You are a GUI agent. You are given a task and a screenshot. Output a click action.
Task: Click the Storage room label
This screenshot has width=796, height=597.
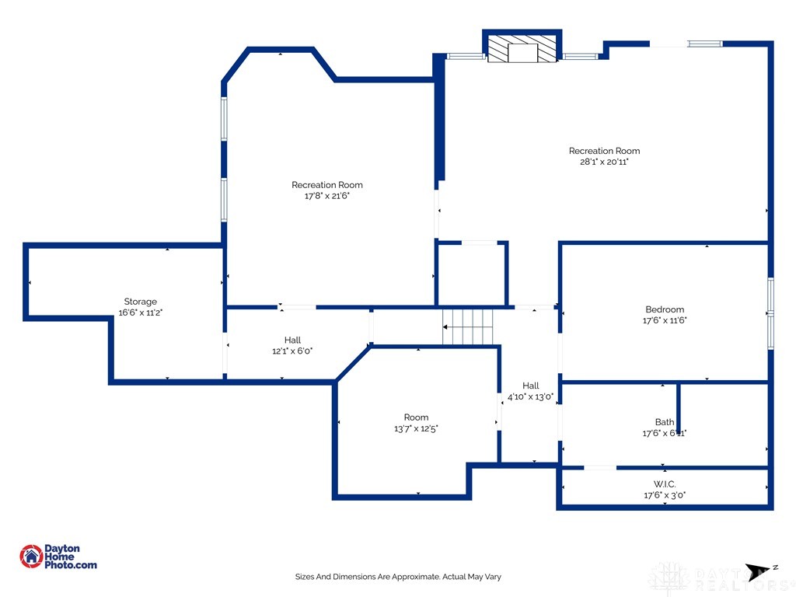[141, 302]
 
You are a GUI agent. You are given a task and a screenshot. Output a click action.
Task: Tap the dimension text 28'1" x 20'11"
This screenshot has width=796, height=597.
[605, 162]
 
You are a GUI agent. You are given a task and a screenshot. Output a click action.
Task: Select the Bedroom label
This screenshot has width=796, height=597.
[665, 309]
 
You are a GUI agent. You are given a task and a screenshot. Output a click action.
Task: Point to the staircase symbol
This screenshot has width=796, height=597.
[468, 326]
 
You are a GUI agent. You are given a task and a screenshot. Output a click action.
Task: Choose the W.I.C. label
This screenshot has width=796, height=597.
[665, 484]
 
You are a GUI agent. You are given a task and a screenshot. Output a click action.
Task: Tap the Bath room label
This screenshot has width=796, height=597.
[665, 422]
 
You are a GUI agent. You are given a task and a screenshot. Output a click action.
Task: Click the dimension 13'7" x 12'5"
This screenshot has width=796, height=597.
[416, 428]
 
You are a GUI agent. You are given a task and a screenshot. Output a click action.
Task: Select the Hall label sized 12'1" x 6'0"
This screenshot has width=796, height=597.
[292, 340]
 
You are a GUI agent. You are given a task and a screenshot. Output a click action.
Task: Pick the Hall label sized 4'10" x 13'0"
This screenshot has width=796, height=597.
[531, 386]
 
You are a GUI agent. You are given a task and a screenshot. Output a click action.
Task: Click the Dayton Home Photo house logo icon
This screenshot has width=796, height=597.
[31, 556]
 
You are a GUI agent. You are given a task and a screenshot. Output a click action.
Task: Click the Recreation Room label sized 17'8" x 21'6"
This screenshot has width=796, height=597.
[327, 185]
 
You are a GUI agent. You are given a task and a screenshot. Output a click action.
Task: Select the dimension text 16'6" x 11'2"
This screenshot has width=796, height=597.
[141, 312]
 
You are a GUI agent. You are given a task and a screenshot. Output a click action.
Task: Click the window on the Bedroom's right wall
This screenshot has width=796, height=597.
[770, 312]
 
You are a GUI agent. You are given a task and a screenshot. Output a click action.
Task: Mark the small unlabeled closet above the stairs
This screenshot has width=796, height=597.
[471, 274]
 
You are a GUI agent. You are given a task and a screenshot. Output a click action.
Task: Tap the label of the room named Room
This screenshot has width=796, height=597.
[416, 417]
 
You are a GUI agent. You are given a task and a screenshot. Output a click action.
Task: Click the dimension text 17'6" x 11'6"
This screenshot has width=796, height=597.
[665, 320]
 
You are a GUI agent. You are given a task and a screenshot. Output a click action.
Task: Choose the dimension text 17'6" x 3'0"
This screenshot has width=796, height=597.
[665, 495]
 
